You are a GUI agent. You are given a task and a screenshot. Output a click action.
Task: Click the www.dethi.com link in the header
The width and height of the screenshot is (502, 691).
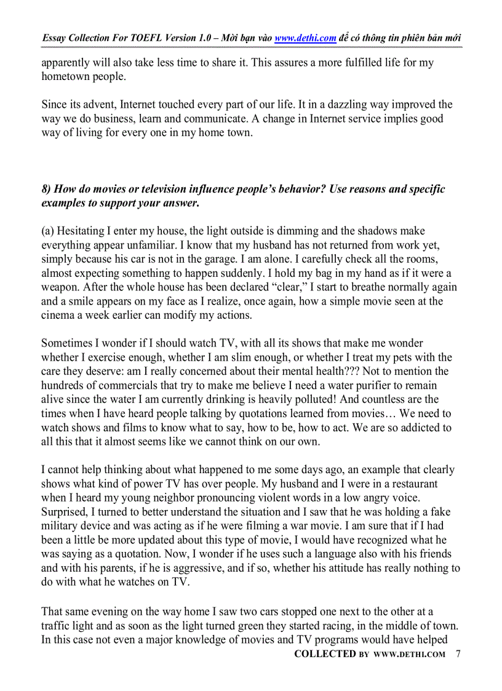tap(305, 38)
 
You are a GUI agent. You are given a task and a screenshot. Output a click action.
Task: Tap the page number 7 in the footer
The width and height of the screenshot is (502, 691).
tap(458, 653)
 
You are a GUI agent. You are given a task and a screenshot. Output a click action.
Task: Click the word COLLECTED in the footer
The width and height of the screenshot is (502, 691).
tap(325, 654)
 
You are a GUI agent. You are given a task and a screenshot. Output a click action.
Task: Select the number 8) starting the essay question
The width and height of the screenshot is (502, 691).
tap(47, 189)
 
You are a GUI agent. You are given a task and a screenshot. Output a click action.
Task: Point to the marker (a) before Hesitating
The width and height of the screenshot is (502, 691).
tap(48, 231)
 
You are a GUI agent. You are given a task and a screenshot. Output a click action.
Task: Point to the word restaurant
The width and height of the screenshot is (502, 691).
tap(415, 484)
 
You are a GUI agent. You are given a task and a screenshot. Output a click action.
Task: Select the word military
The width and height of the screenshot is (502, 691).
tap(62, 526)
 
